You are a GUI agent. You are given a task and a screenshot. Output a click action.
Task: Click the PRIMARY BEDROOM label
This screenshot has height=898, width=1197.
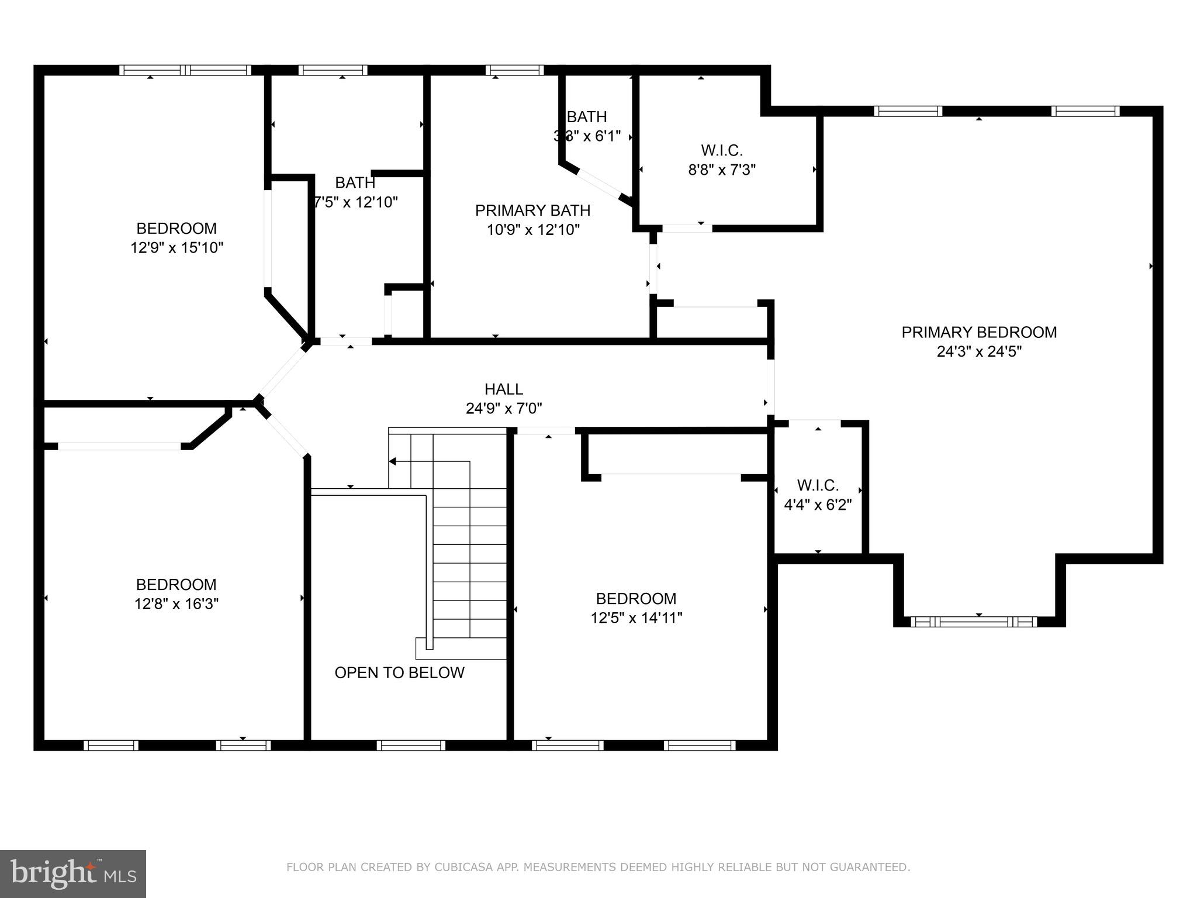[x=978, y=332]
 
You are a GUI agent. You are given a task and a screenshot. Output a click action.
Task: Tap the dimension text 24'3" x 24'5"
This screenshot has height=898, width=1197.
[x=978, y=351]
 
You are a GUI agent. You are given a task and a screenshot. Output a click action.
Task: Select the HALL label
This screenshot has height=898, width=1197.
[x=503, y=389]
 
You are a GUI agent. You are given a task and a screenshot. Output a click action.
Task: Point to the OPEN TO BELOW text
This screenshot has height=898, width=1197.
[x=399, y=672]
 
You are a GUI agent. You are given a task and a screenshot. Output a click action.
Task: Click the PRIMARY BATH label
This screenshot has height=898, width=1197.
[x=532, y=210]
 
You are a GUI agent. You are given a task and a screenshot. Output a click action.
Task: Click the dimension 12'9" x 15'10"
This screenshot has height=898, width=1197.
[x=177, y=247]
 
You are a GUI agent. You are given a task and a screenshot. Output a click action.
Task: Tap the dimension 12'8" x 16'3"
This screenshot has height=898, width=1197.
[x=176, y=603]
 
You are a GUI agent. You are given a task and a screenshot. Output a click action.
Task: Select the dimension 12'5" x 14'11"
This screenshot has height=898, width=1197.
[x=636, y=617]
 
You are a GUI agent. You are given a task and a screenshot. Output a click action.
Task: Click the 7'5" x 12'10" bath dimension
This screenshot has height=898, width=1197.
[x=355, y=202]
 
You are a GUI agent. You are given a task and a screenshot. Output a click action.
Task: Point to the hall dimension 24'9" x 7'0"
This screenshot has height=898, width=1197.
[x=503, y=408]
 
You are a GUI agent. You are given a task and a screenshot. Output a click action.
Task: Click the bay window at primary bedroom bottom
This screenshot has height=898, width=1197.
[x=974, y=621]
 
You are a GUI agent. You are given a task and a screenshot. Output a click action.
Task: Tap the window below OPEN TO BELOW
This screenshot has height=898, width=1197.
[x=411, y=745]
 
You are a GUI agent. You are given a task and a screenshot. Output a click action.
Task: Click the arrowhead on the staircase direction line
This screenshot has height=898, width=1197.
[x=393, y=461]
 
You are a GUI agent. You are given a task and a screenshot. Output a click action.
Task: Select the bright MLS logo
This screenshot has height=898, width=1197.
[x=72, y=874]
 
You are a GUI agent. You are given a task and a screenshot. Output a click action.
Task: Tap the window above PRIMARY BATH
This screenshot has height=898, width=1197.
[x=514, y=70]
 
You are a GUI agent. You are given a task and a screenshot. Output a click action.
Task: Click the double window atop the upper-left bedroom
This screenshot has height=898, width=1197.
[x=185, y=70]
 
